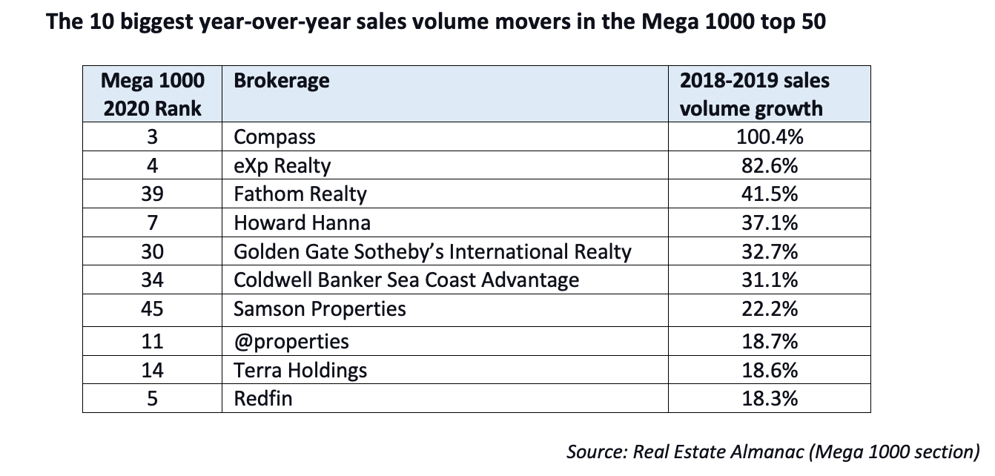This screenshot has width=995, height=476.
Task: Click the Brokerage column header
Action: [x=282, y=80]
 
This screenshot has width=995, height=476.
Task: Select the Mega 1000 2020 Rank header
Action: [x=153, y=94]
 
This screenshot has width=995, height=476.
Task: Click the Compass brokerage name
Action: [x=274, y=137]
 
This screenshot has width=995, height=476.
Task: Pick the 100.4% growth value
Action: [x=770, y=137]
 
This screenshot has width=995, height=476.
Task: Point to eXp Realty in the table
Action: [x=282, y=165]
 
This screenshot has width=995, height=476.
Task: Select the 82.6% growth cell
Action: [x=770, y=165]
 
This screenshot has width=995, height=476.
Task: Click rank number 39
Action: [x=152, y=194]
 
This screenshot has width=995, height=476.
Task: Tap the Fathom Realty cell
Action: [x=300, y=194]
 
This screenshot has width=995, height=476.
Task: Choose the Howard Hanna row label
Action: [x=302, y=222]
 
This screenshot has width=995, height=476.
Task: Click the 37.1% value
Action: [x=770, y=222]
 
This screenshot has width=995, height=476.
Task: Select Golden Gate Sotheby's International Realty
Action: [x=432, y=252]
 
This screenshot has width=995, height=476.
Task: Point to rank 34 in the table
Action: [x=152, y=280]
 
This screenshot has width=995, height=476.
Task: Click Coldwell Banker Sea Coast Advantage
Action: [x=406, y=280]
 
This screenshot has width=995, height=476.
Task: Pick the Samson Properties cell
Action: [x=320, y=308]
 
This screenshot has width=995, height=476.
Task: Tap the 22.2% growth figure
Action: [x=770, y=308]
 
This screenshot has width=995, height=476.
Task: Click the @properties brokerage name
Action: [x=291, y=341]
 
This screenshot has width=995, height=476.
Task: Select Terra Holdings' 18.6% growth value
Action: [x=770, y=369]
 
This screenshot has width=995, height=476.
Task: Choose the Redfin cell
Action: [x=263, y=398]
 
